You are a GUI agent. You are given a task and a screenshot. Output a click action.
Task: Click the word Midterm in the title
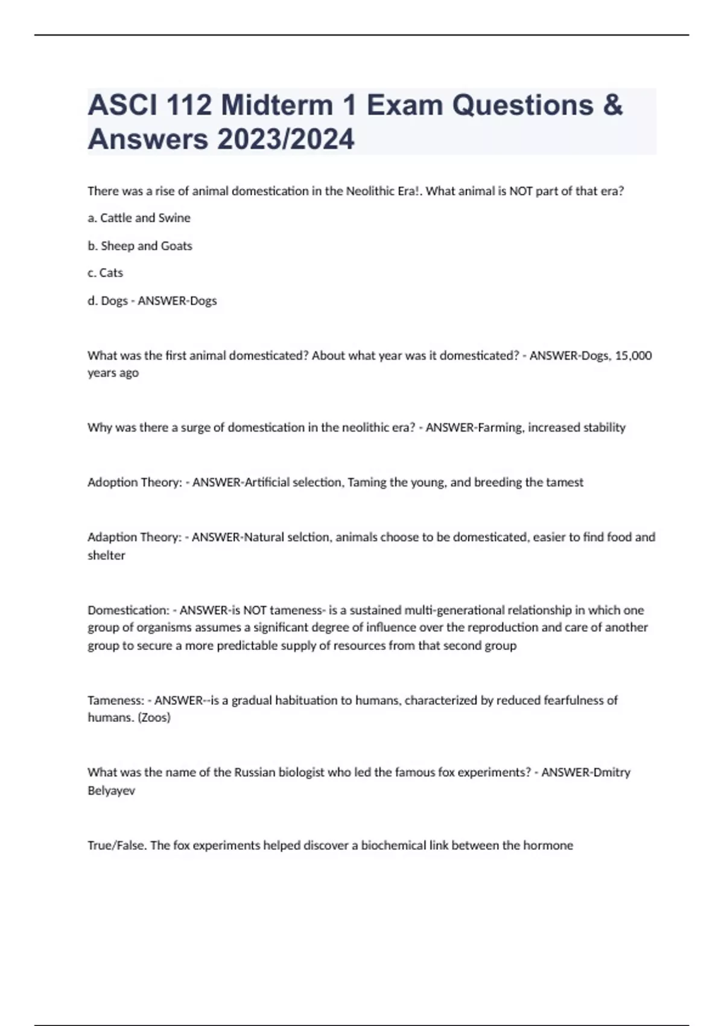click(276, 106)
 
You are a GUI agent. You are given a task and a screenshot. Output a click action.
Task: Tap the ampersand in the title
click(612, 106)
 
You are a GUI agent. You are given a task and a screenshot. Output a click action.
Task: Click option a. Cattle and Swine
click(139, 218)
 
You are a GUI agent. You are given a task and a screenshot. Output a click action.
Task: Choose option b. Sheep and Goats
click(140, 246)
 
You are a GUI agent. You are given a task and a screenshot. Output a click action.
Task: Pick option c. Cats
click(105, 273)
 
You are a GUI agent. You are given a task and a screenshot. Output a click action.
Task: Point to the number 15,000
click(633, 355)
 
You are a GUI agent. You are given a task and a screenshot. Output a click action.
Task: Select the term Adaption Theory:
click(134, 537)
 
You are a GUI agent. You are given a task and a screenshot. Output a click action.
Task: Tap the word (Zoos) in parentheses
click(154, 718)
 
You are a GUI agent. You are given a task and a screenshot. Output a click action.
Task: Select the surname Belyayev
click(111, 791)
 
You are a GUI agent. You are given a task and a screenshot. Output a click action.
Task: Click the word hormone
click(548, 846)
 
